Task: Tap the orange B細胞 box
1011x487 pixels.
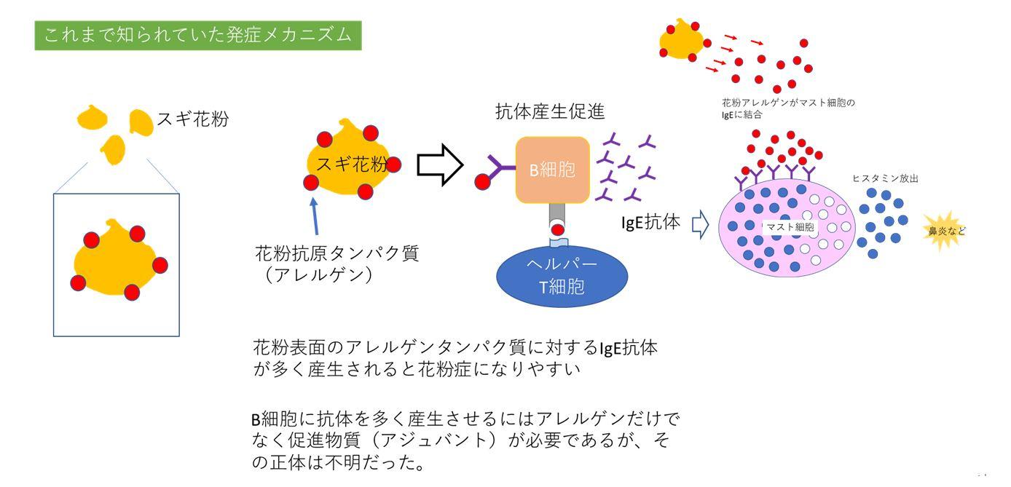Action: coord(552,170)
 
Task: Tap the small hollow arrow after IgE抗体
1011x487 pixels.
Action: coord(699,225)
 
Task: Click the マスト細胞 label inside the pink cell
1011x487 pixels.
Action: coord(790,226)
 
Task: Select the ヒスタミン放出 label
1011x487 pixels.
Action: coord(884,177)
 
